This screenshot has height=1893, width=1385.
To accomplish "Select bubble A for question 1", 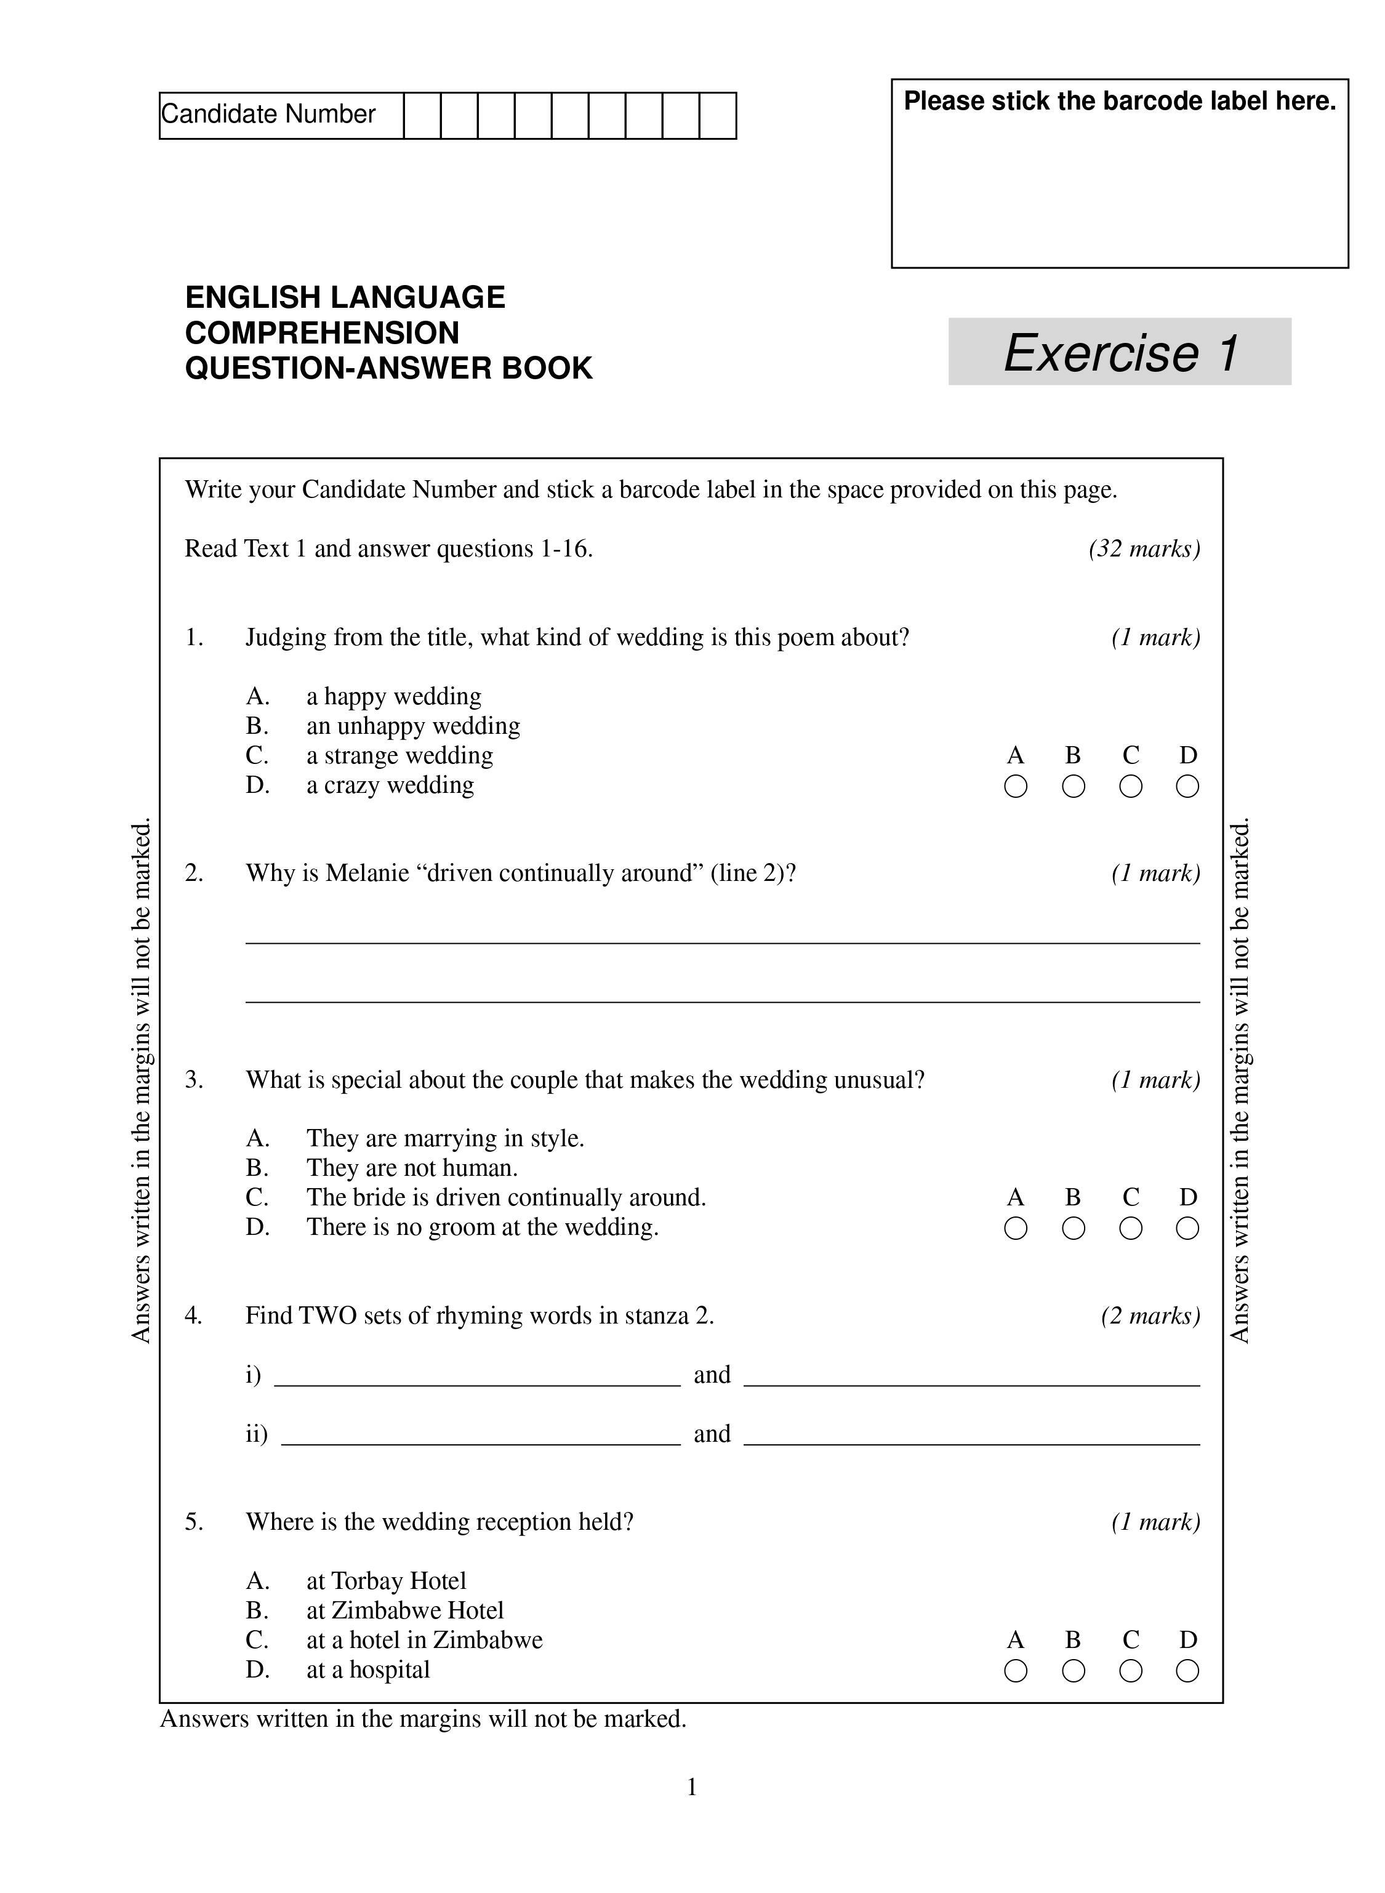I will [x=1015, y=786].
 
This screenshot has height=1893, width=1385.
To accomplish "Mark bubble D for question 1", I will [x=1187, y=786].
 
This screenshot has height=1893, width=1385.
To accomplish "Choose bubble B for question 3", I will [x=1073, y=1228].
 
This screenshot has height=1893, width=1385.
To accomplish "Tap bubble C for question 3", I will [x=1130, y=1228].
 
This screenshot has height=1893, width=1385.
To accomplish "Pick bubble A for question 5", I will [x=1015, y=1671].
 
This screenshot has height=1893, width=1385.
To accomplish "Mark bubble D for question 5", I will [x=1187, y=1671].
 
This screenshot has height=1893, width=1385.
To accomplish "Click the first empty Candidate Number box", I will [x=422, y=116].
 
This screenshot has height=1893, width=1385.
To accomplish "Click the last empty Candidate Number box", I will [x=718, y=116].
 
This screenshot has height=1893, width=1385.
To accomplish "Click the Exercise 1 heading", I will [x=1120, y=352].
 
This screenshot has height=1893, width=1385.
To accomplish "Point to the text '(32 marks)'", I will [x=1144, y=549].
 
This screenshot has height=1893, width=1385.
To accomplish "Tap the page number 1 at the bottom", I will [x=692, y=1787].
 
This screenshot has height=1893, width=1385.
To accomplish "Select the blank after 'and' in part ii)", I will [x=972, y=1436].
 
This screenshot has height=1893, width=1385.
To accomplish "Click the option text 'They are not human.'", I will [x=412, y=1168].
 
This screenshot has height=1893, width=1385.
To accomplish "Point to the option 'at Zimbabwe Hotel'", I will [x=405, y=1610].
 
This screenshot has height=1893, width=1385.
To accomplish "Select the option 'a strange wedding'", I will [x=400, y=755].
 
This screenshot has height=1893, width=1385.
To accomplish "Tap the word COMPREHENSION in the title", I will [x=322, y=333].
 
